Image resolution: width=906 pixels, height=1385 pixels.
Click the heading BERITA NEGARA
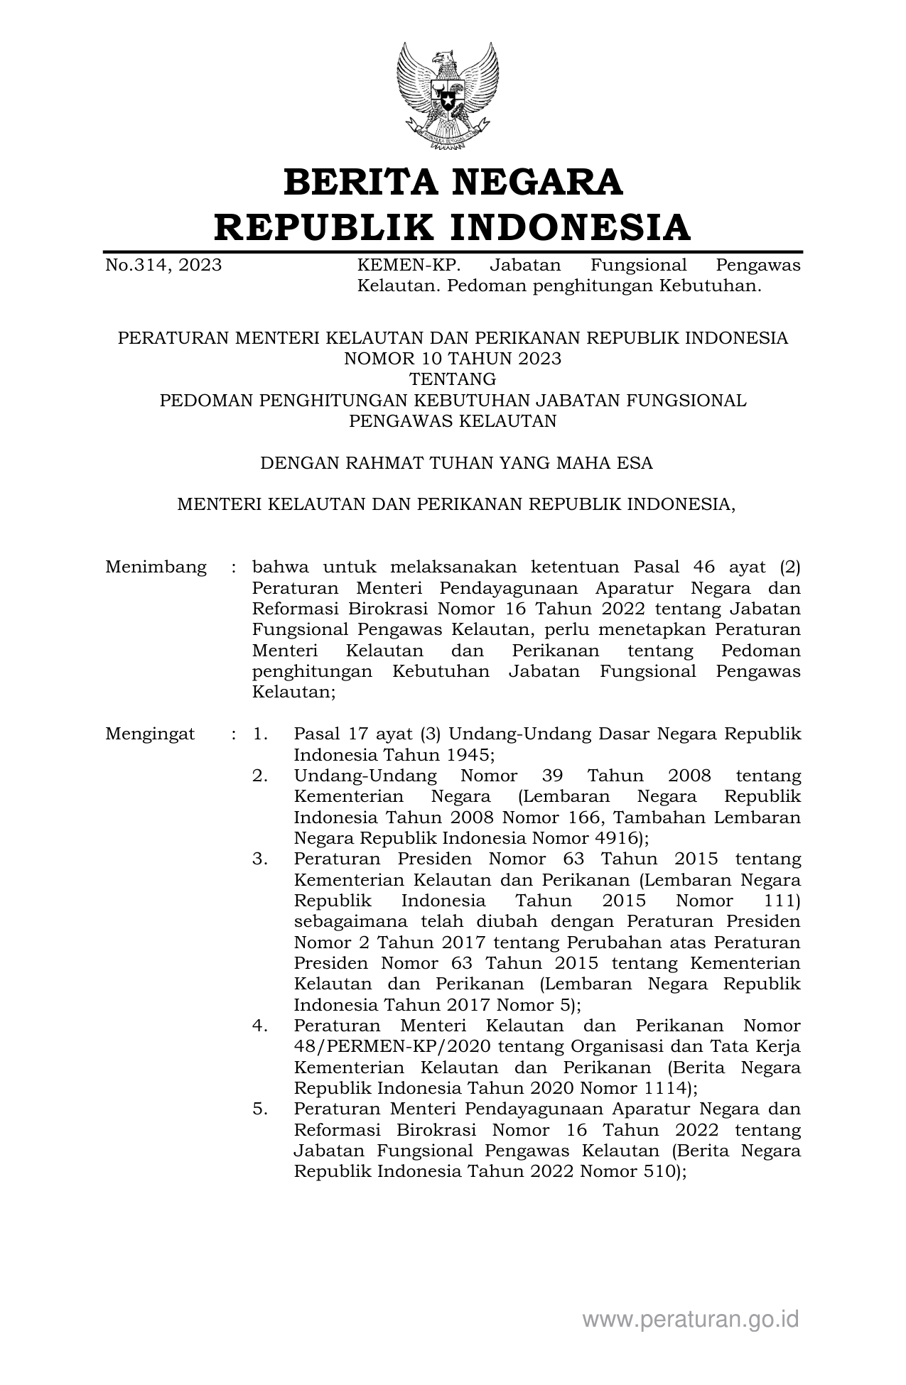coord(453,183)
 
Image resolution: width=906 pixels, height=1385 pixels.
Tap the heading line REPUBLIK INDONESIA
coord(453,227)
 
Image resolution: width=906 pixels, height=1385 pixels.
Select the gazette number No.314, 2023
coord(163,266)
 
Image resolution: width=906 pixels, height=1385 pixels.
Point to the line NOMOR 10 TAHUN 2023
coord(453,359)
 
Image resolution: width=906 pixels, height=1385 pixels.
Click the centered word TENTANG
coord(453,379)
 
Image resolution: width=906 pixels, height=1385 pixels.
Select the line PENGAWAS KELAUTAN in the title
coord(453,421)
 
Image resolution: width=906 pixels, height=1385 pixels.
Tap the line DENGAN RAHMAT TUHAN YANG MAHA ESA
coord(456,463)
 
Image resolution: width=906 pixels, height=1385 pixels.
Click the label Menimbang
coord(156,567)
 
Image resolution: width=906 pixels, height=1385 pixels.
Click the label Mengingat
coord(150,734)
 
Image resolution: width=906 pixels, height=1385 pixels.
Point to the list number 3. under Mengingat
coord(260,859)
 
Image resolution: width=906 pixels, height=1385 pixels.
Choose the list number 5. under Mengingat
coord(260,1109)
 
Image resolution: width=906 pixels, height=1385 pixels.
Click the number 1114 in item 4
coord(664,1088)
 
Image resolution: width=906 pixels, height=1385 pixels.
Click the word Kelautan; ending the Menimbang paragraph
coord(293,692)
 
